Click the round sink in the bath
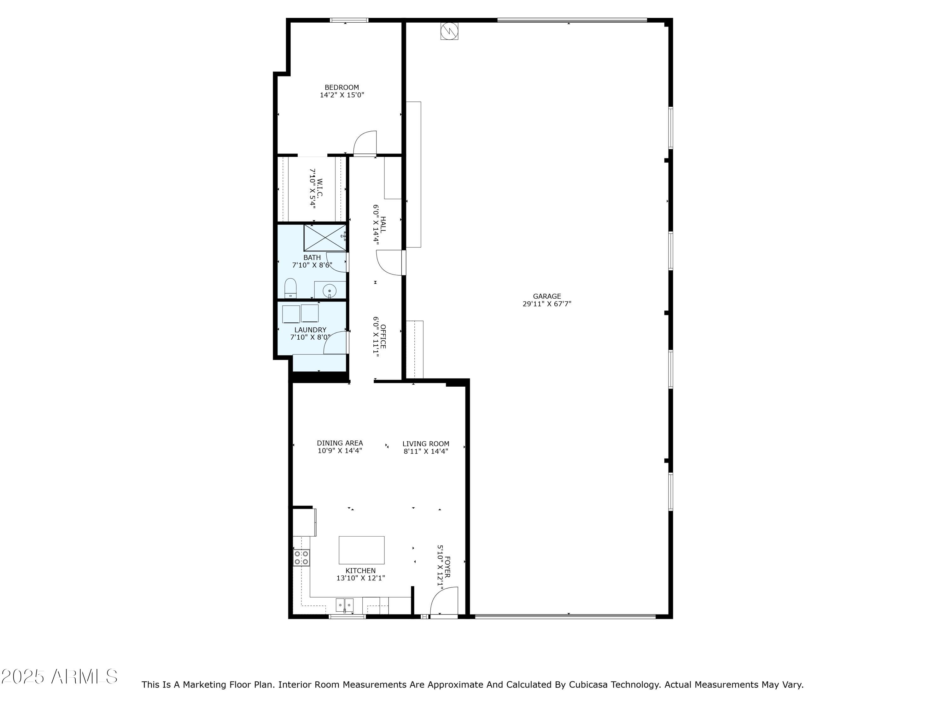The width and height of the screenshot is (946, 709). [329, 291]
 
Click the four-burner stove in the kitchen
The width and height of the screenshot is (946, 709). [301, 558]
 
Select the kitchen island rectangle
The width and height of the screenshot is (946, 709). [361, 550]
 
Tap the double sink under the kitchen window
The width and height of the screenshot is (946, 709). [344, 605]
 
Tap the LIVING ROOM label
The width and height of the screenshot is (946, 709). [425, 444]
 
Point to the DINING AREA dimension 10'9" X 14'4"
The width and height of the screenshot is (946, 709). [340, 450]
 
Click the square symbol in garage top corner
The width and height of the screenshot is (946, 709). [449, 31]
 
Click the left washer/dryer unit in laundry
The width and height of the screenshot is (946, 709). [291, 314]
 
